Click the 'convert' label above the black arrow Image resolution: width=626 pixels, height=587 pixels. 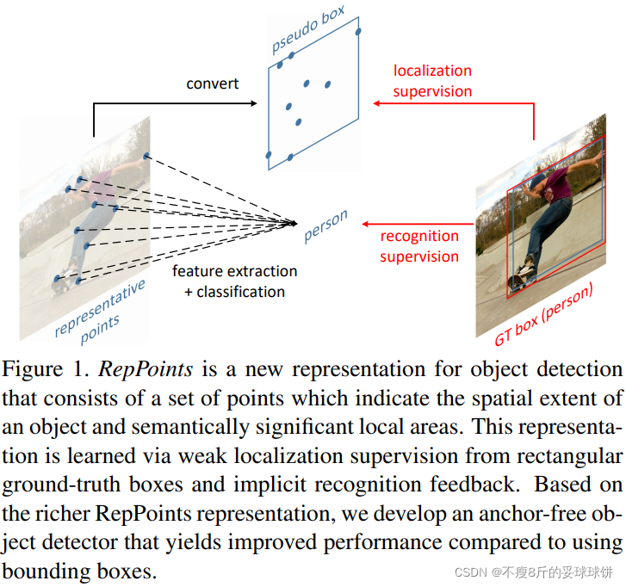click(x=213, y=83)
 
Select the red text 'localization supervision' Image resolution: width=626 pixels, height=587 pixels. click(x=432, y=80)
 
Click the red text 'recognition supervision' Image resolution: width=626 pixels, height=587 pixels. click(x=419, y=245)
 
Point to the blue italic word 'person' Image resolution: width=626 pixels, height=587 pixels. click(x=325, y=226)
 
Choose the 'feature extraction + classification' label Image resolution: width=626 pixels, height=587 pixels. click(x=234, y=281)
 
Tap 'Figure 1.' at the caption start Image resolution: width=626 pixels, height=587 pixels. click(x=47, y=370)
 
